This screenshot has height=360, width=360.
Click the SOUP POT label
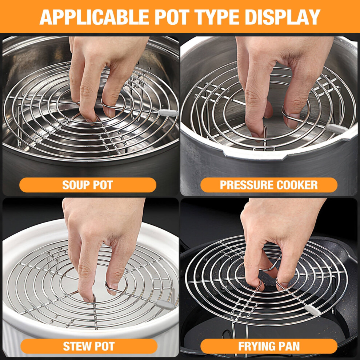88,185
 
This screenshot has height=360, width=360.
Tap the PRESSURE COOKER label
269,185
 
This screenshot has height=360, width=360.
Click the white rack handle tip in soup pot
168,113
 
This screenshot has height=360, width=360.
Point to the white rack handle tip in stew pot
165,304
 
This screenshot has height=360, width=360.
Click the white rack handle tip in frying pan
312,310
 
